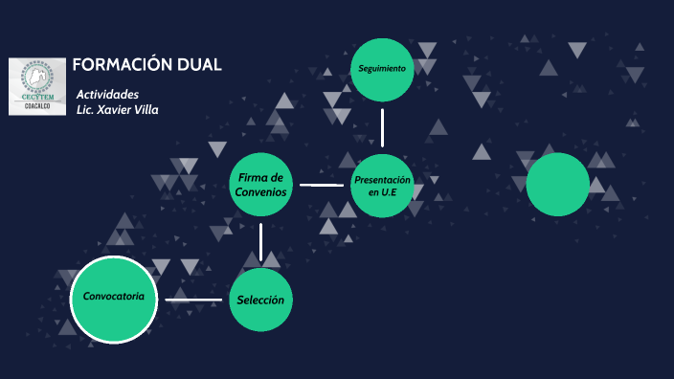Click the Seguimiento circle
(x=382, y=69)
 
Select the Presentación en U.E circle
(x=382, y=185)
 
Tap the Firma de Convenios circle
(x=260, y=185)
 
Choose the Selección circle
(x=260, y=301)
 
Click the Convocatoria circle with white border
(x=114, y=300)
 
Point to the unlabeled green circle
(x=557, y=185)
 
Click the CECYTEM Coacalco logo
(x=37, y=86)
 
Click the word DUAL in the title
(x=199, y=65)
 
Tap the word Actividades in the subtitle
(x=107, y=94)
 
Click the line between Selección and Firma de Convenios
(x=260, y=242)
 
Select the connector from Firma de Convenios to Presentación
(x=321, y=185)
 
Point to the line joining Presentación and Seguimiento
(x=382, y=127)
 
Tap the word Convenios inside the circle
(x=260, y=191)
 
